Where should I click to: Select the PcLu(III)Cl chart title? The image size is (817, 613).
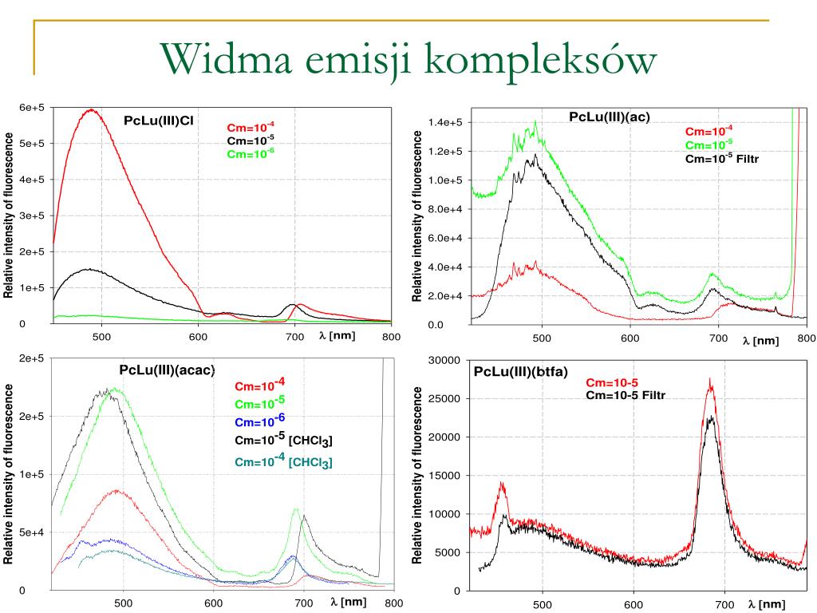click(x=159, y=121)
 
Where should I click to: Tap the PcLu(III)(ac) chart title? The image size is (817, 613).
click(x=610, y=117)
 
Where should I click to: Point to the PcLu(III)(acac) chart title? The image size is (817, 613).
click(x=168, y=370)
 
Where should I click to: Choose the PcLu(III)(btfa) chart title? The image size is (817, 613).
click(x=520, y=372)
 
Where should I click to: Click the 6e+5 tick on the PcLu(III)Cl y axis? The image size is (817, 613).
click(x=32, y=108)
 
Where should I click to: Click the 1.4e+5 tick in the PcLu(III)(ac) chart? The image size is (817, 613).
click(x=445, y=122)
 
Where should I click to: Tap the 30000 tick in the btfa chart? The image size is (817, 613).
click(x=444, y=360)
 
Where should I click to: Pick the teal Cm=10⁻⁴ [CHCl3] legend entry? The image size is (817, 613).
click(x=283, y=461)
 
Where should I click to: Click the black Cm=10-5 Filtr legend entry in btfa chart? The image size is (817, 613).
click(x=626, y=396)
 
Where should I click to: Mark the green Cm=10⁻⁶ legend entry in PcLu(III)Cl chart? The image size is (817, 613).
click(x=250, y=153)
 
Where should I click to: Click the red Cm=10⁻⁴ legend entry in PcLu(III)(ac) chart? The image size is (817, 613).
click(x=708, y=131)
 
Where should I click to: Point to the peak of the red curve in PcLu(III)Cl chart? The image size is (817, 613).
click(x=92, y=109)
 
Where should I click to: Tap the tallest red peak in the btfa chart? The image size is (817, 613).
click(x=710, y=380)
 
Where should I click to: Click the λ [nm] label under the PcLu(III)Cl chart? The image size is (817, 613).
click(x=337, y=336)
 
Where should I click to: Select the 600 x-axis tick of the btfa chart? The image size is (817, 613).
click(x=633, y=605)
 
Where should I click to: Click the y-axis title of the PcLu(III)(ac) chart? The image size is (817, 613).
click(x=416, y=216)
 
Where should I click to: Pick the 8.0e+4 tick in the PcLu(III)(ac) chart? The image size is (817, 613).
click(x=445, y=209)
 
